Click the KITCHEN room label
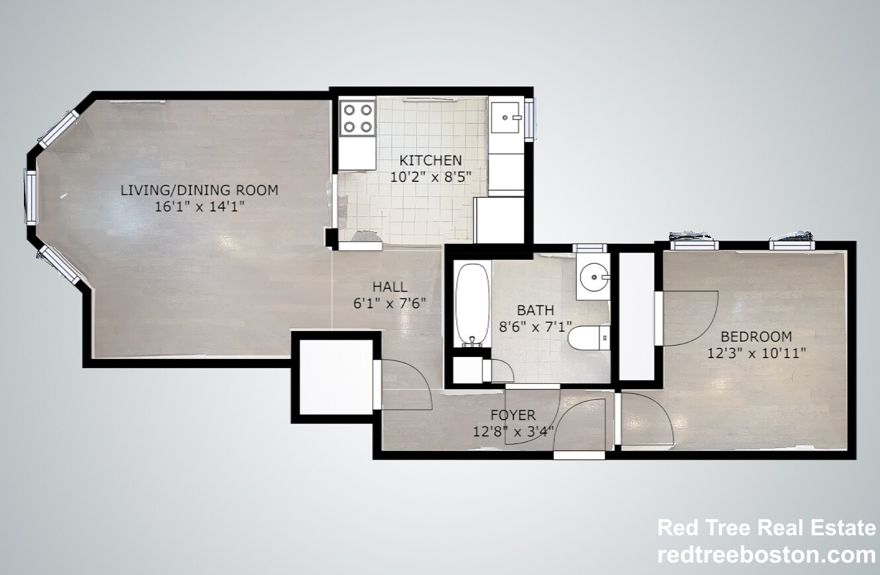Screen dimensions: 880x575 [430, 160]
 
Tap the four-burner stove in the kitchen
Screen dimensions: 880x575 [357, 118]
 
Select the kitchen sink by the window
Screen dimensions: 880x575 [506, 118]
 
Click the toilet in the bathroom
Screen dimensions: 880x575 [589, 338]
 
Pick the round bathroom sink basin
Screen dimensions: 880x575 [594, 277]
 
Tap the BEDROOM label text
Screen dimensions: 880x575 [756, 336]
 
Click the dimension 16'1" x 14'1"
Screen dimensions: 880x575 [199, 206]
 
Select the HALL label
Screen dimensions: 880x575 [390, 287]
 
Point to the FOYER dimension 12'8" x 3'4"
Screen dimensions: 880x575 [513, 432]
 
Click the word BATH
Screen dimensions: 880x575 [535, 310]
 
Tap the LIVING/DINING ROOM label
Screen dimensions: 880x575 [199, 190]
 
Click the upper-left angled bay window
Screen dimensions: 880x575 [59, 129]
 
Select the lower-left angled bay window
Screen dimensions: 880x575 [59, 264]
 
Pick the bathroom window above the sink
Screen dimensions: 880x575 [590, 248]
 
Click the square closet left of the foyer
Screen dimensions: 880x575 [336, 377]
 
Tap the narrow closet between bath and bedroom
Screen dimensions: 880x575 [637, 316]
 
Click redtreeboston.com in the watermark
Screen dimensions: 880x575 [766, 555]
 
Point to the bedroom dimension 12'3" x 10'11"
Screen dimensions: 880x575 [756, 353]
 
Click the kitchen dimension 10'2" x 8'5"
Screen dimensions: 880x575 [430, 177]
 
